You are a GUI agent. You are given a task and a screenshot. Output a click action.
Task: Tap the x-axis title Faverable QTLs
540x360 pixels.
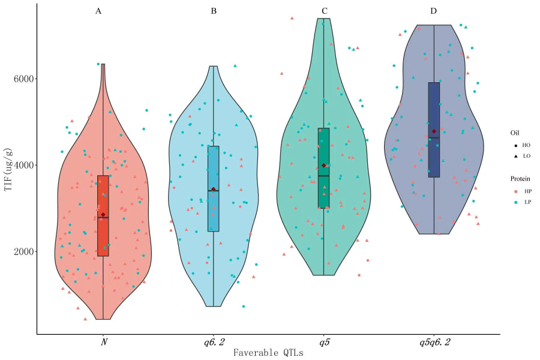coord(268,353)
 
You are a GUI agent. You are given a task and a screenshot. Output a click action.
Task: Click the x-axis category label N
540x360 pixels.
coord(103,342)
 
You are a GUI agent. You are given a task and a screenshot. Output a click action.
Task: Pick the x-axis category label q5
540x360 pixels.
coord(323,342)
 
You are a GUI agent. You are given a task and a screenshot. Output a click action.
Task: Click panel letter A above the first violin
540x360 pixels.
coord(98,11)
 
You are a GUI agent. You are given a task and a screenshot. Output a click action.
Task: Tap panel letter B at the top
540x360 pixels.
coord(214,11)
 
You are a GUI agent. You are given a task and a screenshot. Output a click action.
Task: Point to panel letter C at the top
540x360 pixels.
coord(324,11)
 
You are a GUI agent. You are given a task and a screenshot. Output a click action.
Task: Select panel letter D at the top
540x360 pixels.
coord(433,11)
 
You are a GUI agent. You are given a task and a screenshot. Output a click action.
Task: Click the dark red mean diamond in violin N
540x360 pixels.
coord(103,215)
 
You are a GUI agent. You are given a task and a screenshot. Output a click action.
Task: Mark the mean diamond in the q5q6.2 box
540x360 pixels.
coord(433,131)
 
